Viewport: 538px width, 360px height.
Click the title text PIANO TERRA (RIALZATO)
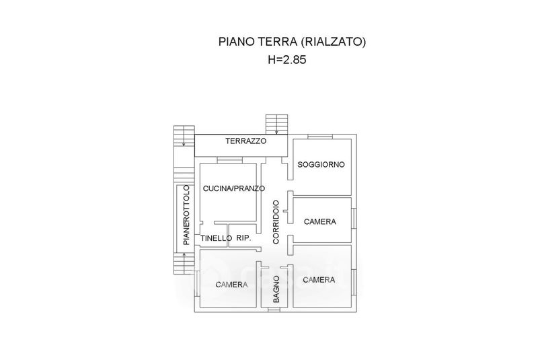[293, 42]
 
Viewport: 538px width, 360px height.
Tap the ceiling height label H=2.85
[287, 60]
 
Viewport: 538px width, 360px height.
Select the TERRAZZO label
[245, 141]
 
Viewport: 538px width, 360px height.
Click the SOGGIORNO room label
[321, 164]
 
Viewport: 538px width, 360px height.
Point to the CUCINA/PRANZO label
[234, 188]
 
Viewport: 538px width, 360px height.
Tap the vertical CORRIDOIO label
[276, 222]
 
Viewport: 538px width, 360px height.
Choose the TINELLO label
[216, 238]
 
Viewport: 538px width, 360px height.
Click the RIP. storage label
[243, 238]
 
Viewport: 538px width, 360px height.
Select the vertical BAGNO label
[276, 289]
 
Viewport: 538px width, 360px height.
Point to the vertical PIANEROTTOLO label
[186, 215]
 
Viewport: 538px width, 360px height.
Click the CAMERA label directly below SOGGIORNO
[320, 221]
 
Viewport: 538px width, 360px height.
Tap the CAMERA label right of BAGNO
[319, 280]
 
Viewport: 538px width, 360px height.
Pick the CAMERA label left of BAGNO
[231, 285]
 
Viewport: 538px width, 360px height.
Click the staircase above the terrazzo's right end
[276, 124]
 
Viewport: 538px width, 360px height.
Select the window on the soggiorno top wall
[320, 137]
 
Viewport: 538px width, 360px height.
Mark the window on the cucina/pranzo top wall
[230, 160]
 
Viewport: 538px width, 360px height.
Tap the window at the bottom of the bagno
[274, 310]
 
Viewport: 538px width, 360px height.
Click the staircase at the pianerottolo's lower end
[184, 263]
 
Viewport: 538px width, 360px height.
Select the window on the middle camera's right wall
[354, 218]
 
